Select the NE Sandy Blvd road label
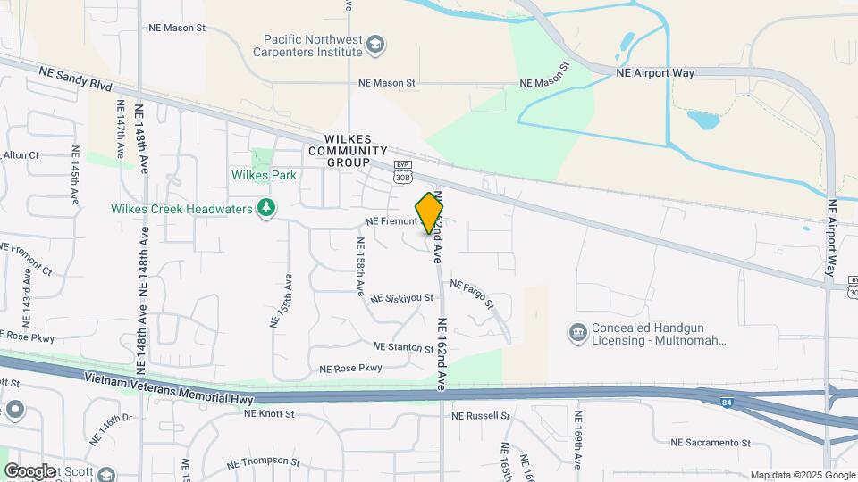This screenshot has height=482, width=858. [75, 78]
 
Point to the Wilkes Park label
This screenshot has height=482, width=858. [264, 176]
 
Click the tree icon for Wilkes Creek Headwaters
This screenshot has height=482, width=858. [265, 209]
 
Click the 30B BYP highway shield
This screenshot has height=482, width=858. [402, 174]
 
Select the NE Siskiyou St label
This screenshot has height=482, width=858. [401, 298]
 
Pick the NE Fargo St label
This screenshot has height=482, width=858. [471, 294]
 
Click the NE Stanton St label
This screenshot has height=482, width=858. [403, 346]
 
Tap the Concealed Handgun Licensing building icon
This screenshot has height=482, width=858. [576, 333]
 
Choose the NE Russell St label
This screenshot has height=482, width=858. [480, 416]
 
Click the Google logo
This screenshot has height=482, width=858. [29, 470]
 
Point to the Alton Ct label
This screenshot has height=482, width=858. [21, 155]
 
